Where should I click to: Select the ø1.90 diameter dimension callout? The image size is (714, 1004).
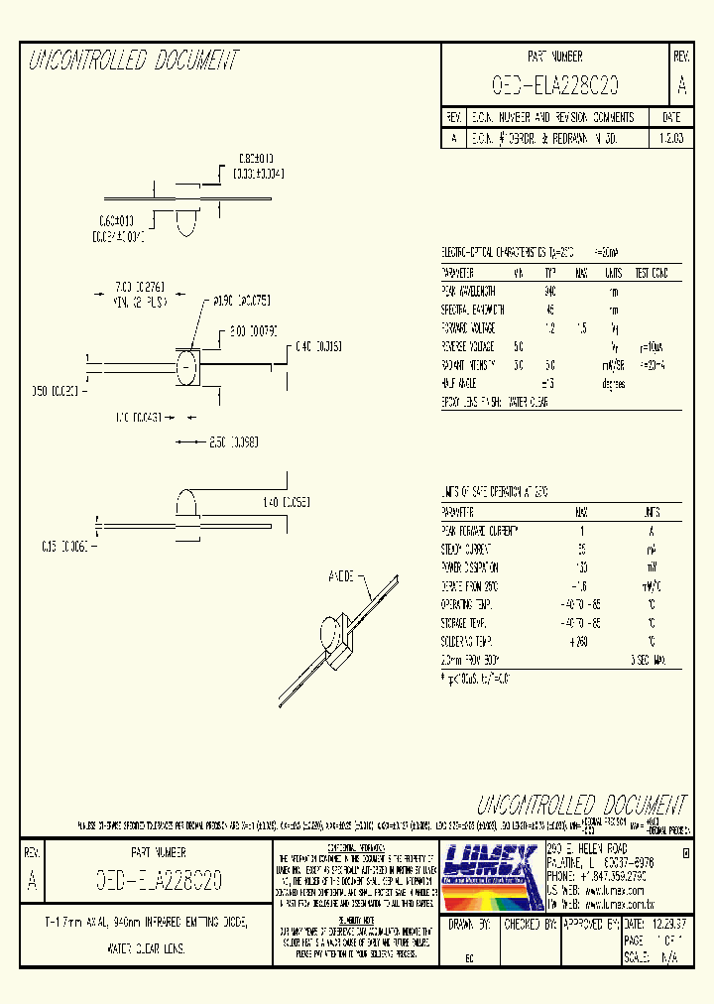[x=237, y=300]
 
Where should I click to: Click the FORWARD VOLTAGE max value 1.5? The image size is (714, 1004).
[x=582, y=327]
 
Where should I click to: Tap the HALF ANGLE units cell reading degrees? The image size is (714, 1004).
[x=614, y=383]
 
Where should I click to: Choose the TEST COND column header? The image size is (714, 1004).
[x=653, y=274]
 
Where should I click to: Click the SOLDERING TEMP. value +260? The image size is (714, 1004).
[x=581, y=641]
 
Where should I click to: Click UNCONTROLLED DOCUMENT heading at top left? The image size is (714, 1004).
[x=133, y=62]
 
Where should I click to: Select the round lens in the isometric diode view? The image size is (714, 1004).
[x=330, y=633]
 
